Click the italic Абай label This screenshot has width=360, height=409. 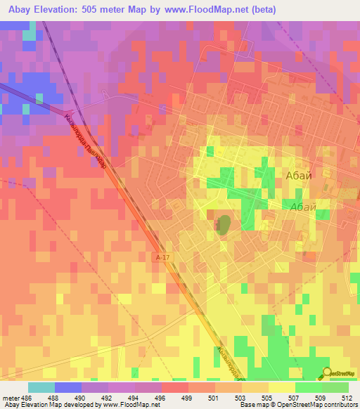coord(302,207)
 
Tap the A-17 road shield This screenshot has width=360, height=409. coord(162,259)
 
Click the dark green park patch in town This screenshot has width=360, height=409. coord(224,226)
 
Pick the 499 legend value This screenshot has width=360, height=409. coord(188,398)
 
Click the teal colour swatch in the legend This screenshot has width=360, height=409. coord(41,387)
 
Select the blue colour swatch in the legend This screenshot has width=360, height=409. coord(68,387)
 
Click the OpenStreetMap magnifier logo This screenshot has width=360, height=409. coord(328,372)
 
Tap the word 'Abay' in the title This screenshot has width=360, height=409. coord(20,10)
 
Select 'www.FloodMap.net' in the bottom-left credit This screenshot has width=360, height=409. coord(138,405)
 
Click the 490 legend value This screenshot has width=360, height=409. coord(81,398)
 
